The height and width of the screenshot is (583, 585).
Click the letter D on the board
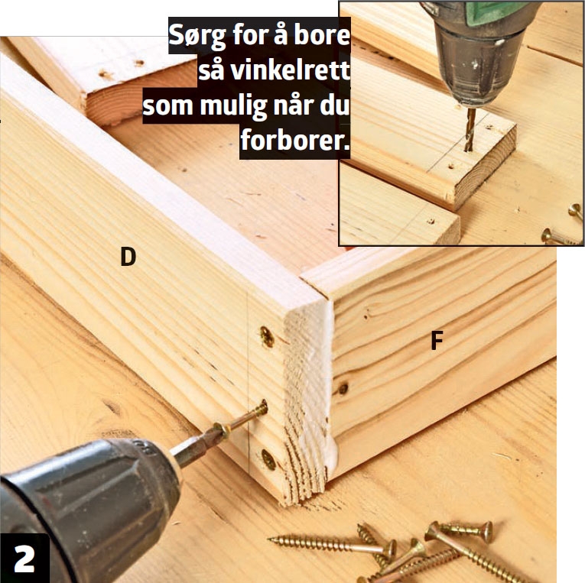[128, 257]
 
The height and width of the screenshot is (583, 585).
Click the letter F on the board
[437, 340]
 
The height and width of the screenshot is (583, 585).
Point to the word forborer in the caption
[294, 141]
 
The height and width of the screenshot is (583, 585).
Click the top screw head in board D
[267, 336]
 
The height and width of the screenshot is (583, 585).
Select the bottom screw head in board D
[268, 460]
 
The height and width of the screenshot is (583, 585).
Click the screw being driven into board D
[241, 419]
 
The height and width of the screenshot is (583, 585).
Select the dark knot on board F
[343, 388]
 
